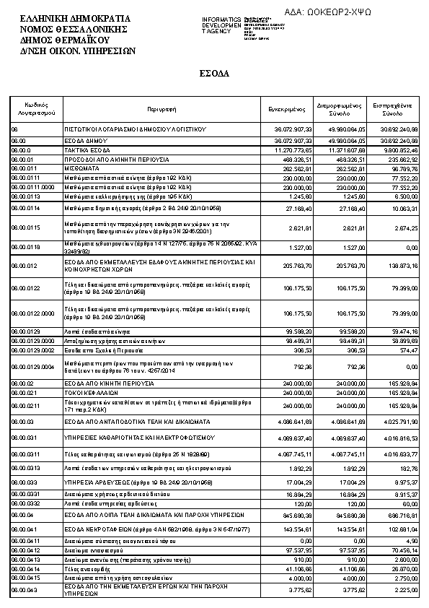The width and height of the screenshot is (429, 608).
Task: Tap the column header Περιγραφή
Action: (162, 109)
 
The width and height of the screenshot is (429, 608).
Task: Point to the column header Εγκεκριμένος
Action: (286, 109)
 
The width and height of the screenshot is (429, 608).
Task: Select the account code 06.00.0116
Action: (25, 246)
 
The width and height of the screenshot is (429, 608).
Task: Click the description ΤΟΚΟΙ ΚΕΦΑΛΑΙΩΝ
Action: (89, 392)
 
